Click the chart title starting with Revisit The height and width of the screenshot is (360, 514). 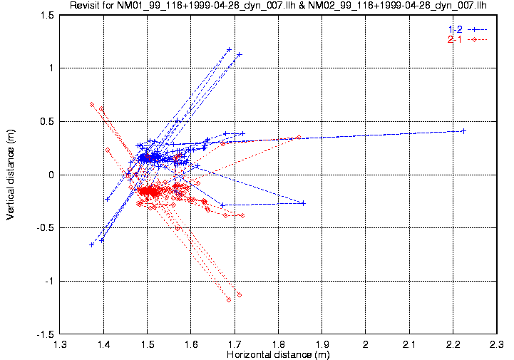click(278, 6)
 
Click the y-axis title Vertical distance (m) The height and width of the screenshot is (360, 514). click(11, 174)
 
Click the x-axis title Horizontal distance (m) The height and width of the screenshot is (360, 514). click(278, 354)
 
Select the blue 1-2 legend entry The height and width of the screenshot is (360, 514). click(467, 29)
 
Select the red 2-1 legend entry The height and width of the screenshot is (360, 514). click(467, 39)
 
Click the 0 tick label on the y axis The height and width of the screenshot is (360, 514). click(52, 175)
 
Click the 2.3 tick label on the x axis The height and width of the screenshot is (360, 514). click(496, 344)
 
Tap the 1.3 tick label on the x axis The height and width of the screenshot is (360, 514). click(61, 344)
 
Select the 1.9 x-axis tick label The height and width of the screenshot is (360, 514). click(322, 344)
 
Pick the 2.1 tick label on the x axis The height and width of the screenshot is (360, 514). click(409, 344)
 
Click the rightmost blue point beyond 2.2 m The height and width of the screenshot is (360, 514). click(463, 130)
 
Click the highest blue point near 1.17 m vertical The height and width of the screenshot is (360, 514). click(229, 49)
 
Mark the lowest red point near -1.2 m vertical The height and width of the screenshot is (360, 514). click(229, 300)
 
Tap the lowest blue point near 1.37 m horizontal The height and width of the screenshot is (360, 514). click(91, 245)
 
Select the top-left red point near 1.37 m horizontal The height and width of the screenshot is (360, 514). click(91, 104)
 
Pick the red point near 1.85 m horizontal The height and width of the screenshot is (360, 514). click(299, 137)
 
